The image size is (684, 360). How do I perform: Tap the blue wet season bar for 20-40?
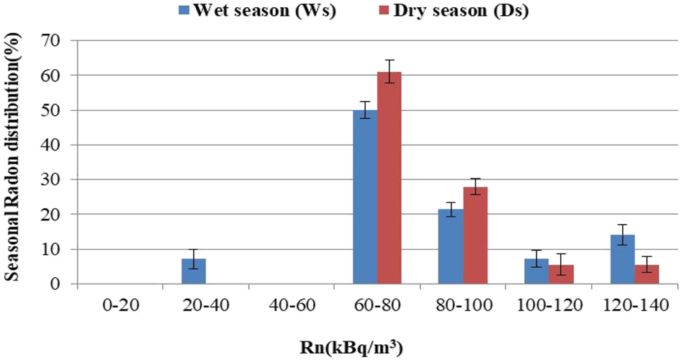194,271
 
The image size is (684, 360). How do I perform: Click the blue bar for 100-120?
536,271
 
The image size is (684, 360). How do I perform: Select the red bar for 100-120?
561,274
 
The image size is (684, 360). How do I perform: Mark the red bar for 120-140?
647,274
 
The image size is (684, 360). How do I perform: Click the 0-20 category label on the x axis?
120,305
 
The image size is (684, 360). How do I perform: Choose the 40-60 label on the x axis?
291,305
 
